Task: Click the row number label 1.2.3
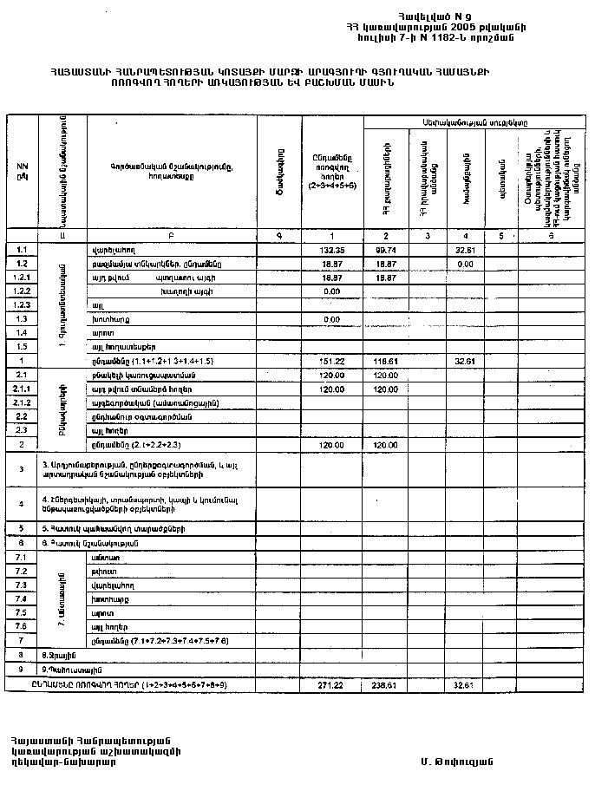click(x=23, y=305)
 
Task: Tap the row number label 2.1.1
click(x=23, y=389)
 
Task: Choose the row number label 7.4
click(x=23, y=598)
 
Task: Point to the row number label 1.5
click(x=23, y=347)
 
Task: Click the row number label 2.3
click(x=23, y=430)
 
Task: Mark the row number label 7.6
click(x=23, y=626)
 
